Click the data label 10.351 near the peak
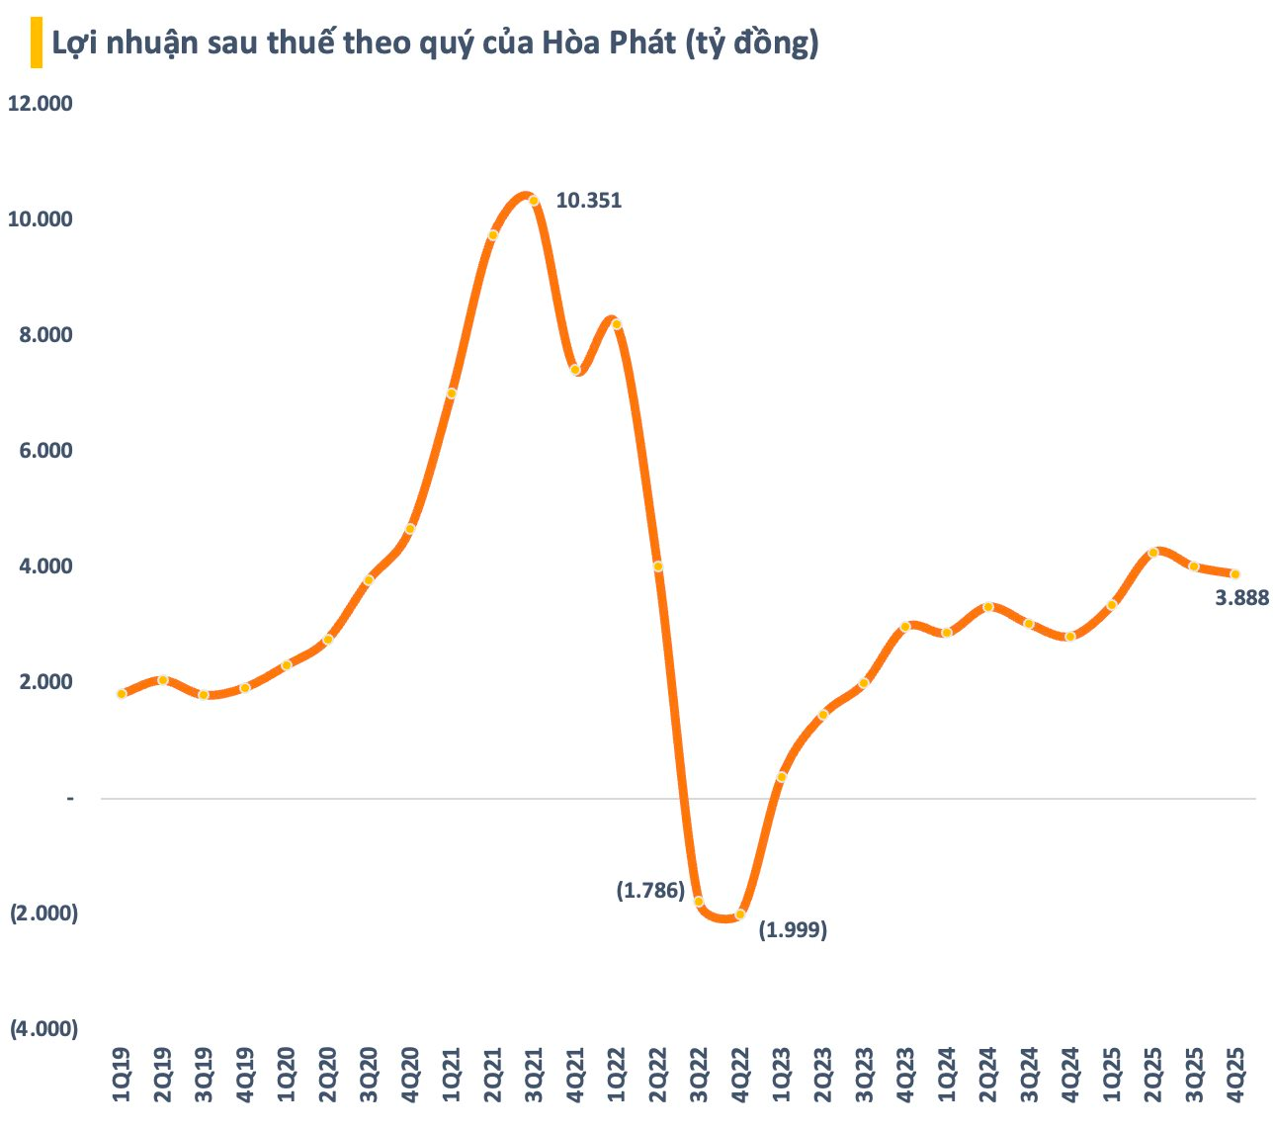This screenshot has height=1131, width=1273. coord(589,201)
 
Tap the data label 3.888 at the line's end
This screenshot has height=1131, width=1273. coord(1241,598)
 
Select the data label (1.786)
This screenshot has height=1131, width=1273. coord(650,891)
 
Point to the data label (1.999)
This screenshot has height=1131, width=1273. coord(793,930)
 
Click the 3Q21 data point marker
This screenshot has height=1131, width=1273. coord(534,201)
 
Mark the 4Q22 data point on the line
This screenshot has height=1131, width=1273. coord(740,914)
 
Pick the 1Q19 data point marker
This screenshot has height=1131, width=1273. coord(122,694)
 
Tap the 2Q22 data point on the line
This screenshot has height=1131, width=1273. coord(657,566)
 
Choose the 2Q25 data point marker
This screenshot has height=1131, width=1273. coord(1152,553)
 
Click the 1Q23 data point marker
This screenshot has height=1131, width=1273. coord(781,777)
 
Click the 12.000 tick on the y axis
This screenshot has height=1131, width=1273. coord(41,104)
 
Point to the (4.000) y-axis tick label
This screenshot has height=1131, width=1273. coord(43,1029)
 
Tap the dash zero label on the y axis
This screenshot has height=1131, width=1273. coord(69,798)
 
